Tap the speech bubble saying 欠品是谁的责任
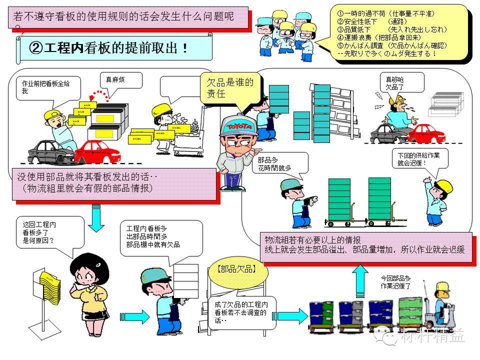[x=229, y=88]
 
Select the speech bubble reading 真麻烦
[x=120, y=80]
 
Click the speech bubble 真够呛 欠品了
[x=400, y=82]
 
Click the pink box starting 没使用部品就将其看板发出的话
[x=115, y=183]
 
